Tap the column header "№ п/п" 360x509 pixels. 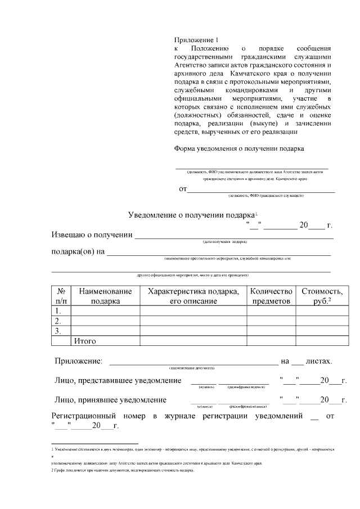61,296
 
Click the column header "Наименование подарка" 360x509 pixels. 106,296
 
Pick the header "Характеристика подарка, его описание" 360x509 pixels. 193,296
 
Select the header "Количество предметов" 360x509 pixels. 271,296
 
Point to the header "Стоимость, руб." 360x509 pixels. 321,296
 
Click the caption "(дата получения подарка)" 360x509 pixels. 224,242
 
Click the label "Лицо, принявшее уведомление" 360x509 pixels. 110,400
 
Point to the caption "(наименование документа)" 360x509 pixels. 192,367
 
